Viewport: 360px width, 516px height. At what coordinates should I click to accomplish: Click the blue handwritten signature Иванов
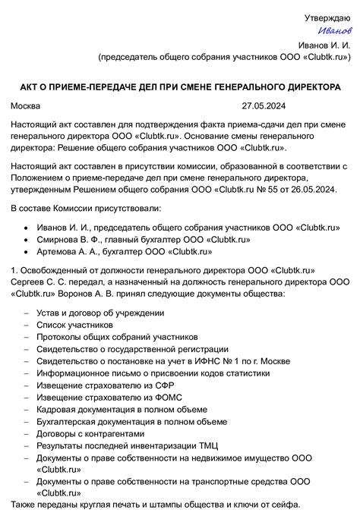click(x=335, y=30)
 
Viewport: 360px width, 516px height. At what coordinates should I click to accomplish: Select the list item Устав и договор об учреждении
click(x=99, y=312)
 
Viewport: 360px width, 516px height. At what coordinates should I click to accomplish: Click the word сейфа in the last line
click(x=286, y=505)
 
